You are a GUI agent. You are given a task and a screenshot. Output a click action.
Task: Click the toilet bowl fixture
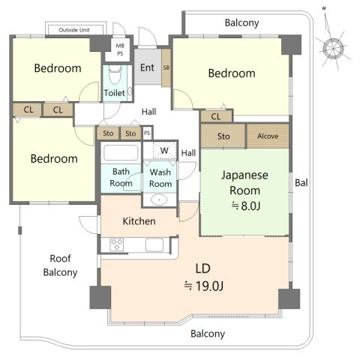pos(115,74)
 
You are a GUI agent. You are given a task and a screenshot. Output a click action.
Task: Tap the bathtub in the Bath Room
pos(121,152)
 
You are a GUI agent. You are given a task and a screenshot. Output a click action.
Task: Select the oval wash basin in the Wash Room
pos(159,200)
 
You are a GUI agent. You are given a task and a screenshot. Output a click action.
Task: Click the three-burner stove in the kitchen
pos(117,244)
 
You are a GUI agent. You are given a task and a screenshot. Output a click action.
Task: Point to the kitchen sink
pos(154,244)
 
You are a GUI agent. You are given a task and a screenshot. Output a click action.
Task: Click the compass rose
pos(332,47)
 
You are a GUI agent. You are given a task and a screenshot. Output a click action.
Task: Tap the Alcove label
pos(268,136)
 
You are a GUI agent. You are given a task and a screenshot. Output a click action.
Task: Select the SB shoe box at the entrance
pos(166,67)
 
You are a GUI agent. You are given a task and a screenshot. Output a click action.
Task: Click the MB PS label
pos(120,49)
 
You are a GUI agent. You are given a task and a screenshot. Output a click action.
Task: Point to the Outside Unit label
pos(74,30)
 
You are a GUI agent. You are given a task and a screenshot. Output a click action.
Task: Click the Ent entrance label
pos(147,67)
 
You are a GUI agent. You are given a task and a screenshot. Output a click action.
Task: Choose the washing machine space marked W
pos(164,151)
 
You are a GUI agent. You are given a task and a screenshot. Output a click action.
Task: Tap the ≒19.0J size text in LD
pos(203,286)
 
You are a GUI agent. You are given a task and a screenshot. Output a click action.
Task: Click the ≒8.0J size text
pos(246,205)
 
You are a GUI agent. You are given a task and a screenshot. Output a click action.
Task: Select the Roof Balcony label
pos(60,265)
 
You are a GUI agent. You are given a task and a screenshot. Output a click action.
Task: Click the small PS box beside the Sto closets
pos(147,133)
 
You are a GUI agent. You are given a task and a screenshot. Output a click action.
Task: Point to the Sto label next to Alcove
pos(223,136)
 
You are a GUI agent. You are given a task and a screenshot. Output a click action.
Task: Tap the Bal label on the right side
pos(301,183)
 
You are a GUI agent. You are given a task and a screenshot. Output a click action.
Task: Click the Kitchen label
pos(139,221)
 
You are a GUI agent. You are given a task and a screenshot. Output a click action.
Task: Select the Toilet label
pos(114,93)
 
